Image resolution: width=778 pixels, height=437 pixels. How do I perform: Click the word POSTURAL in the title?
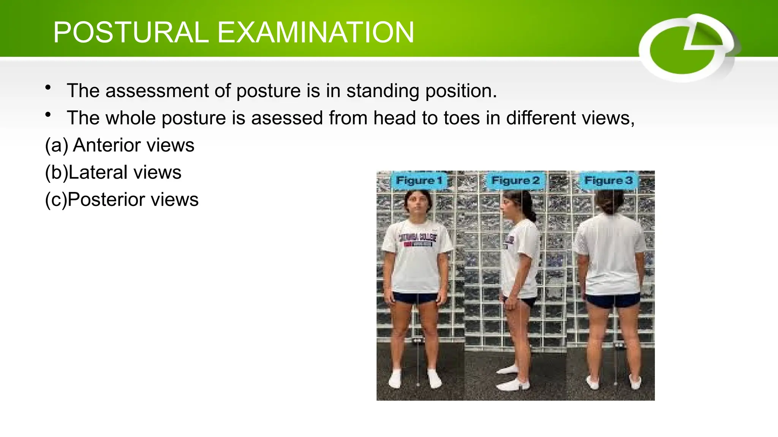pos(131,33)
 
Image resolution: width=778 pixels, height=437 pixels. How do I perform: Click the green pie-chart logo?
pos(688,49)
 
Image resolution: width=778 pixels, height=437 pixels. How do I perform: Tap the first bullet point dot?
pos(48,88)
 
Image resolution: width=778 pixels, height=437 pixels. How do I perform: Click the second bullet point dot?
pos(48,115)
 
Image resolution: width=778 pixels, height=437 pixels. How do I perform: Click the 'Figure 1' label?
pos(419,181)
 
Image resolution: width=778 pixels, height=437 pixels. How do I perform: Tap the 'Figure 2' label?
pos(515,181)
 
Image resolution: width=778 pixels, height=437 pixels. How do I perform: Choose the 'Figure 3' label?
pos(608,181)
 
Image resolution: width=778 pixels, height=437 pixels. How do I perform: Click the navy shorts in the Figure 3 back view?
pos(612,300)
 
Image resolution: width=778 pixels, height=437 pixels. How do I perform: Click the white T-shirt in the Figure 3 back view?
pos(610,254)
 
